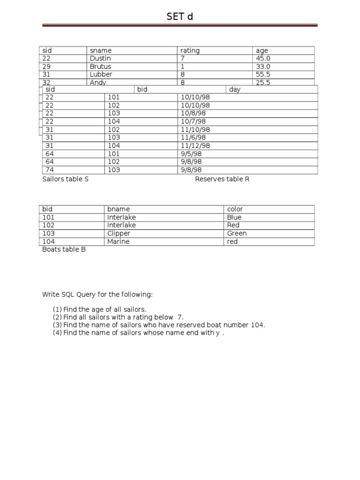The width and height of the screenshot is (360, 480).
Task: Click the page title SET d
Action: tap(180, 17)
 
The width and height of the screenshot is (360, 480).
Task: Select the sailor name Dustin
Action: tap(100, 59)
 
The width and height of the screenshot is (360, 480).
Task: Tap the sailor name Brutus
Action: tap(100, 67)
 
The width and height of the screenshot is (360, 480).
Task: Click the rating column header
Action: tap(190, 51)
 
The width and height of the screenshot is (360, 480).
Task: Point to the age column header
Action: tap(262, 51)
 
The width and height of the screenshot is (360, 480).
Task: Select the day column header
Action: tap(235, 90)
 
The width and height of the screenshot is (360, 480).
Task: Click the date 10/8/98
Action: tap(193, 113)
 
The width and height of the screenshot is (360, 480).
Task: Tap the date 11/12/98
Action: tap(195, 146)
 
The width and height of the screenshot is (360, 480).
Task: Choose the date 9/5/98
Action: tap(191, 154)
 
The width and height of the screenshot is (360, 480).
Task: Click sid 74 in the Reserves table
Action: tap(50, 170)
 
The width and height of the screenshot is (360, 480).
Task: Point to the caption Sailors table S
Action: tap(65, 179)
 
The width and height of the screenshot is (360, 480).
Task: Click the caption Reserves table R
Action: tap(222, 179)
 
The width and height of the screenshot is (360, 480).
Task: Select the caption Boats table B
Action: tap(64, 249)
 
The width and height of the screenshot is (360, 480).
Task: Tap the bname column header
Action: tap(119, 209)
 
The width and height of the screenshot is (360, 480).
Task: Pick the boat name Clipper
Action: tap(119, 233)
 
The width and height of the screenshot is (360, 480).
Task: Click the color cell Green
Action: tap(237, 233)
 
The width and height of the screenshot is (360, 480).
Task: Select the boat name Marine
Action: tap(118, 241)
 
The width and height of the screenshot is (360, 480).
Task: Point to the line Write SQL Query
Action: tap(97, 294)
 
